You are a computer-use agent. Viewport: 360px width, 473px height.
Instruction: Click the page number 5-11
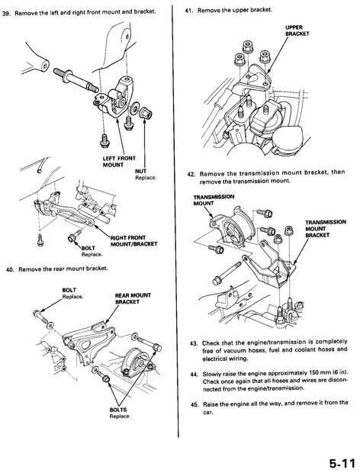(x=342, y=463)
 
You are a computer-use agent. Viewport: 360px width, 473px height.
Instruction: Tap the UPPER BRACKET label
(x=297, y=31)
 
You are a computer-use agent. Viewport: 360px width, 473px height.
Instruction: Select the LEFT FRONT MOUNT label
(x=119, y=162)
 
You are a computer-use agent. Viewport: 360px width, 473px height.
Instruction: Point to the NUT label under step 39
(x=141, y=171)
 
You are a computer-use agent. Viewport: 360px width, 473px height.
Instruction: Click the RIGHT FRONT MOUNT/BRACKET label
(x=134, y=241)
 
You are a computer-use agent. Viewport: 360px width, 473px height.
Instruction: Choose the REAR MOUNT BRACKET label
(x=133, y=298)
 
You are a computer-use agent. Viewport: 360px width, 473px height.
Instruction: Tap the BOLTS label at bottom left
(x=118, y=410)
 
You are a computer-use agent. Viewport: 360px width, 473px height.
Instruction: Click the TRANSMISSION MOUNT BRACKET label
(x=326, y=229)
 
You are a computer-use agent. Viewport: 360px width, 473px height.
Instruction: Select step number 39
(x=6, y=13)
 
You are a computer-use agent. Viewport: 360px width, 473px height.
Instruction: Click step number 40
(x=10, y=269)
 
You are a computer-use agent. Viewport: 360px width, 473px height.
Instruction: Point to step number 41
(x=188, y=11)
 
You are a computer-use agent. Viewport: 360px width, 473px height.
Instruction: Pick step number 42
(x=191, y=175)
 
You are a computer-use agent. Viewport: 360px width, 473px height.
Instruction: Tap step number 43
(x=194, y=343)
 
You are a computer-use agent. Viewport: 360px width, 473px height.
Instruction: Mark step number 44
(x=194, y=375)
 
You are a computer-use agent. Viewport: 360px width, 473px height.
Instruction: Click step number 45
(x=194, y=404)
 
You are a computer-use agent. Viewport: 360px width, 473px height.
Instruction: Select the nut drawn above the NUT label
(x=146, y=113)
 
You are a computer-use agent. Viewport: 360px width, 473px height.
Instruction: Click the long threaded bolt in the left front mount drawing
(x=76, y=79)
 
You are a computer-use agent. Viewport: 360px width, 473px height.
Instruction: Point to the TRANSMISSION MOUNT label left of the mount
(x=214, y=200)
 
